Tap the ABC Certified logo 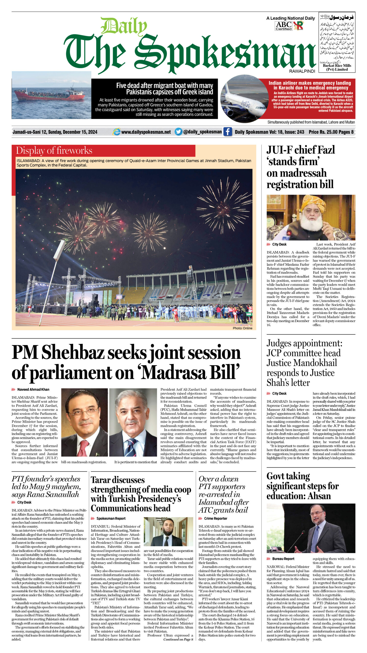[284, 26]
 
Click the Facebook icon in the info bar [228, 132]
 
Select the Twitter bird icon [178, 132]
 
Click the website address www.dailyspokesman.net [146, 132]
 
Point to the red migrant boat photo [51, 95]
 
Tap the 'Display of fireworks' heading [54, 150]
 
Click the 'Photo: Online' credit [242, 328]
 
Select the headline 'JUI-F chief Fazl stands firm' [300, 167]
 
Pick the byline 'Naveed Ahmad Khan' [33, 390]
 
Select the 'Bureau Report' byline [283, 559]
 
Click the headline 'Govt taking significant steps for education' [302, 486]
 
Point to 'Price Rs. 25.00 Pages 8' [331, 132]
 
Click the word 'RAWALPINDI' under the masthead [302, 71]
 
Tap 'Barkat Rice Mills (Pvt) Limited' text [337, 67]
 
